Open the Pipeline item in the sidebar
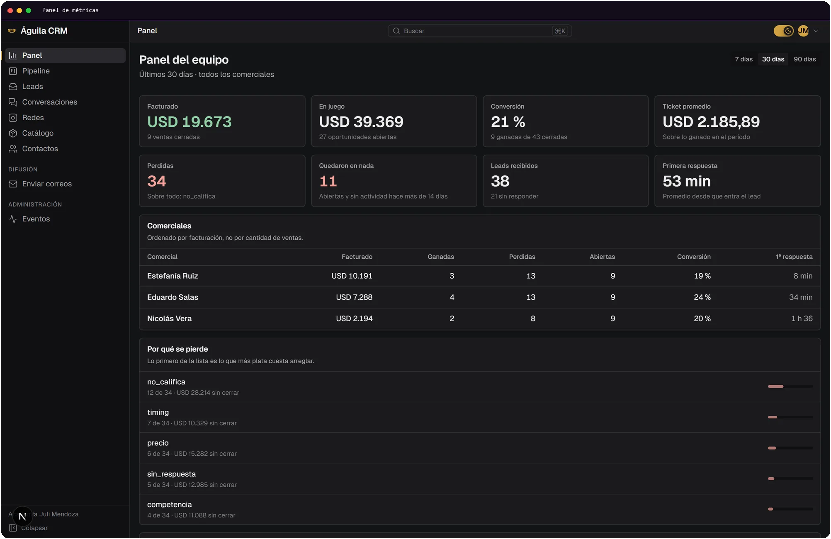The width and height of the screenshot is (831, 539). [x=36, y=71]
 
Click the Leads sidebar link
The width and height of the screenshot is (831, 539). [x=32, y=86]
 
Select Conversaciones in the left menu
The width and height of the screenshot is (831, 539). [x=49, y=102]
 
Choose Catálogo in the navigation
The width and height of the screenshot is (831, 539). [x=38, y=133]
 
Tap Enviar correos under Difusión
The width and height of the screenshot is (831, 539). [x=47, y=184]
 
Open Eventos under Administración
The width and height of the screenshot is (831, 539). [x=36, y=219]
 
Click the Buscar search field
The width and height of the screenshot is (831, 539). [x=479, y=31]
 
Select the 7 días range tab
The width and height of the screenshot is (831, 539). [x=744, y=59]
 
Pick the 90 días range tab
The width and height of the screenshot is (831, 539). [x=804, y=59]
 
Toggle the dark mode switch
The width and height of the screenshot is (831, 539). [x=783, y=31]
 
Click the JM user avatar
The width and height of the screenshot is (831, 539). [x=803, y=31]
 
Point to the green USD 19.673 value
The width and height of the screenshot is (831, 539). [x=190, y=122]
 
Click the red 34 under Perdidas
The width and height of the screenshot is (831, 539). [x=156, y=181]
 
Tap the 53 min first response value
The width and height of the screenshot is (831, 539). [x=686, y=181]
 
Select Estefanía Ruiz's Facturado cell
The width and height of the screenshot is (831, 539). [x=352, y=276]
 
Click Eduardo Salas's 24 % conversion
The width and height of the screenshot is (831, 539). [x=702, y=297]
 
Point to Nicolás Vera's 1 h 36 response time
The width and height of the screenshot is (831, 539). [x=802, y=318]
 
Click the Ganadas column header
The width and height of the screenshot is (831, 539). [x=440, y=257]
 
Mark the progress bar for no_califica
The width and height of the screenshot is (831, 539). [x=790, y=386]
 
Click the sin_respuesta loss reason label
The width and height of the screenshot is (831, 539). [x=171, y=474]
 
